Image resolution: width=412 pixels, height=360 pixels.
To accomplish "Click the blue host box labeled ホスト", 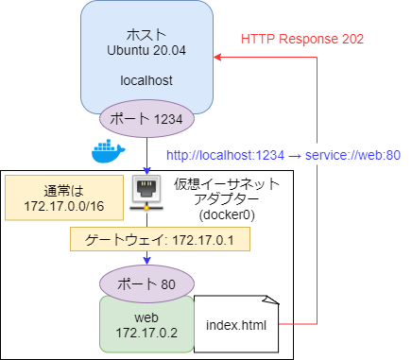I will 146,38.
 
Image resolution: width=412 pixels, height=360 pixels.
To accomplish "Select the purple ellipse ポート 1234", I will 148,119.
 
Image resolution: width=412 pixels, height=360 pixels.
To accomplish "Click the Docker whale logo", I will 107,151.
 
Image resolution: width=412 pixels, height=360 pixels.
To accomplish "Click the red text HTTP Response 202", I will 301,40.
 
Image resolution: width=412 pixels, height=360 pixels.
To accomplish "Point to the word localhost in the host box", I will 146,80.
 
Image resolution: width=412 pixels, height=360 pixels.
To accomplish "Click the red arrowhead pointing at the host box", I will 218,58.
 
